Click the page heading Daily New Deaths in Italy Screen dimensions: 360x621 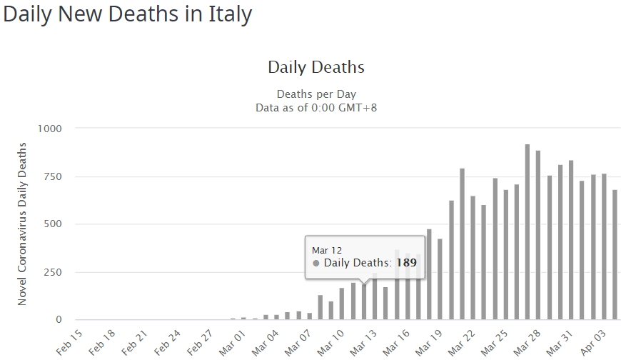click(x=128, y=14)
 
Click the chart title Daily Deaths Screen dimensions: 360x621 click(x=316, y=68)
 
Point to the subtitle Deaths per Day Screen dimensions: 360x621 click(x=316, y=94)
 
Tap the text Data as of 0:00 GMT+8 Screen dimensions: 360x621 click(x=316, y=107)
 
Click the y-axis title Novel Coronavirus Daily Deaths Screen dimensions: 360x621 click(x=22, y=224)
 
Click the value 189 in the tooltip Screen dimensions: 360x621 click(x=407, y=263)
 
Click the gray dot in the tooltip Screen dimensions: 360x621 click(x=316, y=263)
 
